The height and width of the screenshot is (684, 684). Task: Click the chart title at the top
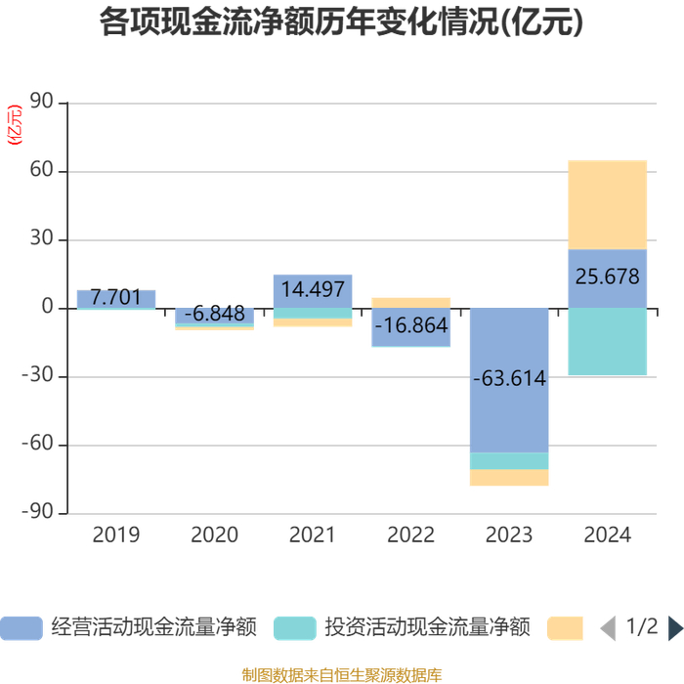tap(342, 21)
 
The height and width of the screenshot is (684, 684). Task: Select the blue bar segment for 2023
tap(509, 380)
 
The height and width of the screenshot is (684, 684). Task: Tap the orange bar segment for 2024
tap(607, 205)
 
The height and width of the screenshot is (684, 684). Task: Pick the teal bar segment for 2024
tap(607, 342)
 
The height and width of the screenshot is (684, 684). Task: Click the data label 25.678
tap(607, 277)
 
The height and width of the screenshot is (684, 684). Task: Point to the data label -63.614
tap(509, 378)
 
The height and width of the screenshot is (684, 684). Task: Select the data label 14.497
tap(313, 289)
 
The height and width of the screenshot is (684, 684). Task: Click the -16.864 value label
tap(411, 325)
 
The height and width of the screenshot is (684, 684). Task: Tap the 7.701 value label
tap(116, 297)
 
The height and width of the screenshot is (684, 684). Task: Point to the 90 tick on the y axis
tap(41, 101)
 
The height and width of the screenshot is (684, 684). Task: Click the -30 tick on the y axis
tap(37, 374)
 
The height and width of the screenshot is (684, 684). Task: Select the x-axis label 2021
tap(313, 534)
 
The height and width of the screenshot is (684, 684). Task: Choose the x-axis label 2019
tap(116, 534)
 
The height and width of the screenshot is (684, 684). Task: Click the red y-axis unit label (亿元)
tap(15, 125)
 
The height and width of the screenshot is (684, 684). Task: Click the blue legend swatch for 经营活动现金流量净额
tap(21, 628)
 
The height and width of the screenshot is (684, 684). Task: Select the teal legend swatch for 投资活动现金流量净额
tap(295, 628)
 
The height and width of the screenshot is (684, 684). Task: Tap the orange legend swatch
tap(566, 628)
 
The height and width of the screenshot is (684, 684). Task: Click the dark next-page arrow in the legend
tap(676, 628)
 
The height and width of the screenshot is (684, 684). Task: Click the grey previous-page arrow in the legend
tap(608, 628)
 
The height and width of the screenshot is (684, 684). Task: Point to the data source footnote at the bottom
tap(342, 675)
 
